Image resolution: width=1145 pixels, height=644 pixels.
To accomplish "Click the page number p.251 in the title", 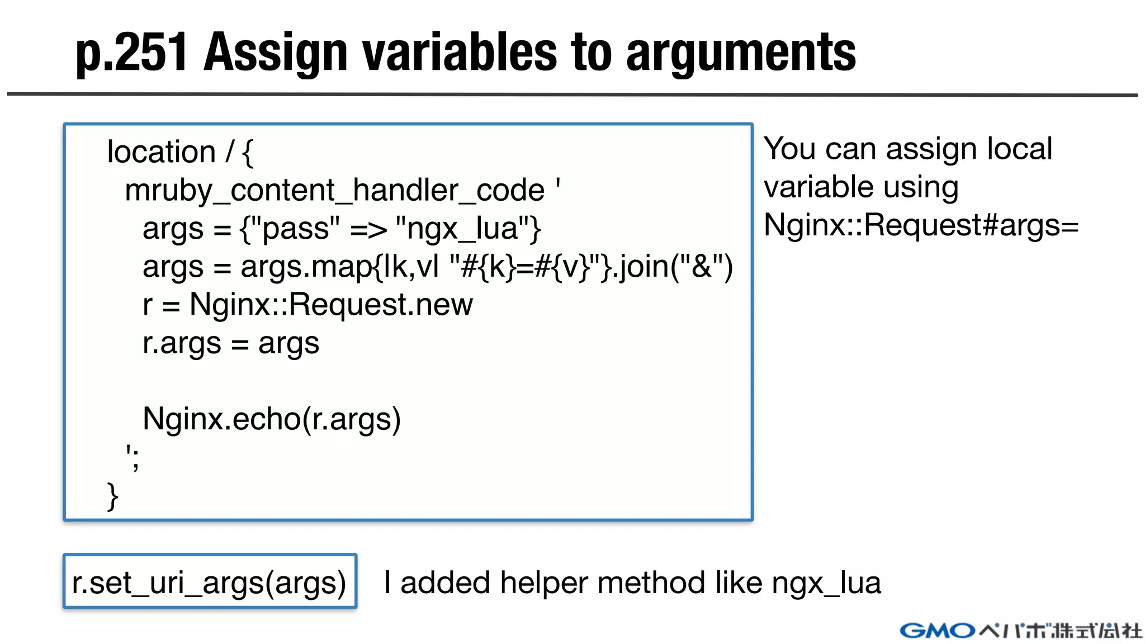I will pos(131,53).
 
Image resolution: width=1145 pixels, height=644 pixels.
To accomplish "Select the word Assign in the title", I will pos(277,53).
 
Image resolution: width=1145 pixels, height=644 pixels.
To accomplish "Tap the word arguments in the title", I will pos(741,53).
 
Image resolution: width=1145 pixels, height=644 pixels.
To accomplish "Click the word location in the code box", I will pos(161,152).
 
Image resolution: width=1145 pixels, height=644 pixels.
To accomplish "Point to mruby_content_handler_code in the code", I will pos(334,191).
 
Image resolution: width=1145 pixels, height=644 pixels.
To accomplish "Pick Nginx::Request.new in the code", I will pos(331,305).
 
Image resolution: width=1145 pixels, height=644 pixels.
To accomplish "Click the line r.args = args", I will pos(230,343).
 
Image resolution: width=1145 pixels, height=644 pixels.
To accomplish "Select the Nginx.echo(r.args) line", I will pos(272,419).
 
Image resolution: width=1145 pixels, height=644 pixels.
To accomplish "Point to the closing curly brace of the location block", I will pos(112,496).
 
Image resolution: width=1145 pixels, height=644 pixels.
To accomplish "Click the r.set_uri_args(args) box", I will pos(210,582).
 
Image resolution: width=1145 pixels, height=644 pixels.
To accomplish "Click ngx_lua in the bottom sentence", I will pos(826,583).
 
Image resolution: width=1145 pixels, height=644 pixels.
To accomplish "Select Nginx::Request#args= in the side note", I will pos(921,225).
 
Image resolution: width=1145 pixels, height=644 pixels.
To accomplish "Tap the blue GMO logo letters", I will pos(937,631).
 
